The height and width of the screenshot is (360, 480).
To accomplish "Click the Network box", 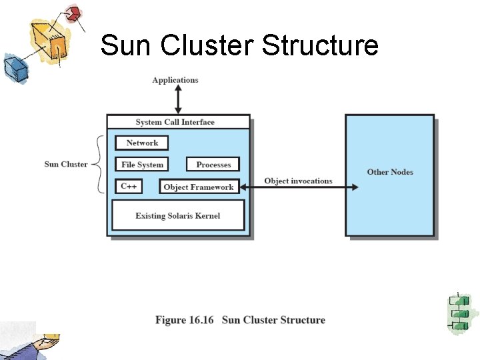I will pyautogui.click(x=141, y=143).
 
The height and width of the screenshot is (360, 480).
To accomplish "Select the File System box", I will pyautogui.click(x=142, y=165).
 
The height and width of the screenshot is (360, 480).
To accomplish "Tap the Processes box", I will pyautogui.click(x=213, y=165).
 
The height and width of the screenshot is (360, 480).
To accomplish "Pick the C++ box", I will pyautogui.click(x=129, y=187).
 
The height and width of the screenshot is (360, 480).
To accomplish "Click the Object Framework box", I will pyautogui.click(x=199, y=187).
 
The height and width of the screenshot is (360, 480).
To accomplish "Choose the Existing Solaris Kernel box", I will pyautogui.click(x=177, y=215).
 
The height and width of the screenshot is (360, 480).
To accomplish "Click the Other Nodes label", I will pyautogui.click(x=390, y=172).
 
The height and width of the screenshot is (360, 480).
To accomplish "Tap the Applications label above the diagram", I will pyautogui.click(x=175, y=80).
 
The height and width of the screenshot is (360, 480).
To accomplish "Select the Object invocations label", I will pyautogui.click(x=298, y=181).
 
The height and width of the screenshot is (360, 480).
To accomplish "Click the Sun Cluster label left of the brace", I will pyautogui.click(x=65, y=164).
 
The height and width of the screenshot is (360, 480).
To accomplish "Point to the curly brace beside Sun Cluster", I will pyautogui.click(x=98, y=164).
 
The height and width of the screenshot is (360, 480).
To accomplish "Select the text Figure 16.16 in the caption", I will pyautogui.click(x=185, y=320).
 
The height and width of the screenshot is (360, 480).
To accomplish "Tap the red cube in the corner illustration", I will pyautogui.click(x=73, y=13).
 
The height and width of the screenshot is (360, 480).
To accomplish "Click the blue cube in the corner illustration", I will pyautogui.click(x=13, y=67).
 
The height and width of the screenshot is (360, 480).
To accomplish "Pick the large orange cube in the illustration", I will pyautogui.click(x=49, y=39).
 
